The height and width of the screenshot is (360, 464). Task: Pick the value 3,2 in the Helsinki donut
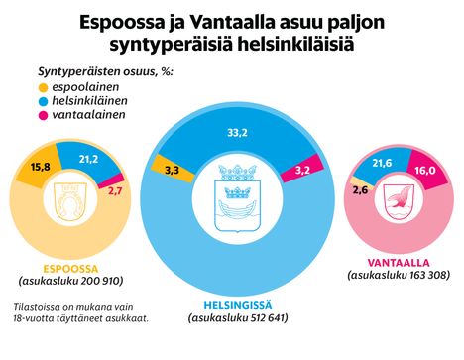point(303,172)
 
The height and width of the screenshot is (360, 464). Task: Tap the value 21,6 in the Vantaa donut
point(382,161)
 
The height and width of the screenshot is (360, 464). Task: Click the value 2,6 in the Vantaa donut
point(358,190)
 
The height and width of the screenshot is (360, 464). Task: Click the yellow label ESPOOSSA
point(68,266)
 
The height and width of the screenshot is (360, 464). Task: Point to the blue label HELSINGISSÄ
point(236,304)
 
